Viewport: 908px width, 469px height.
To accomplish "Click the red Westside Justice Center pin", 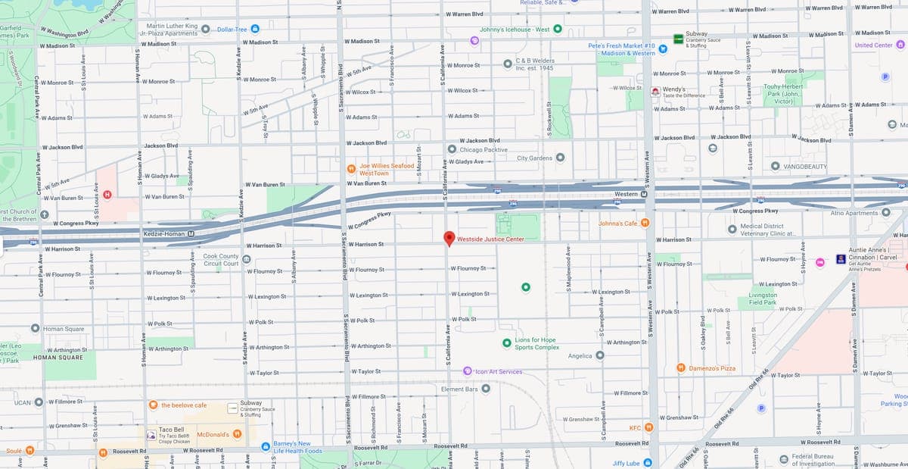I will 449,238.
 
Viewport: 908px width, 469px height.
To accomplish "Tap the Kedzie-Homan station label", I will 165,233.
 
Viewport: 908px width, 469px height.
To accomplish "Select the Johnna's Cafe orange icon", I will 645,223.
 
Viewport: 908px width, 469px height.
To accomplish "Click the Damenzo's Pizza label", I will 711,368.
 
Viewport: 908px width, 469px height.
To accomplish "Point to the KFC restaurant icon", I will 648,428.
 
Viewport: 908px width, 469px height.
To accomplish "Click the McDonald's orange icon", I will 237,434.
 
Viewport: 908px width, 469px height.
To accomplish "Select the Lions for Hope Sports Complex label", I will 536,343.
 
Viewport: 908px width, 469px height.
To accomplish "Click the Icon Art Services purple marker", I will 467,371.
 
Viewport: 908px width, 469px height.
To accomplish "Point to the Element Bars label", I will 460,389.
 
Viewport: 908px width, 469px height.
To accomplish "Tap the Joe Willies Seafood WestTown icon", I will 351,169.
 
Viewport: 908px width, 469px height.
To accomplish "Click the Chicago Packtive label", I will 484,150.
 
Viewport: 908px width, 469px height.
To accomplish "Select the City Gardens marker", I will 560,158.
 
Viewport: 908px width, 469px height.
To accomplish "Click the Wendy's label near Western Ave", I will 673,89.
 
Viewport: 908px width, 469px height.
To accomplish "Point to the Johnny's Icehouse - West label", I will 515,30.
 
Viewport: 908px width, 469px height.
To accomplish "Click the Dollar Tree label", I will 232,29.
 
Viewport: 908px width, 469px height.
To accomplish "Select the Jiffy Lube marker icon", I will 648,463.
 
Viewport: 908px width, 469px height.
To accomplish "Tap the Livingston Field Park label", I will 762,299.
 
